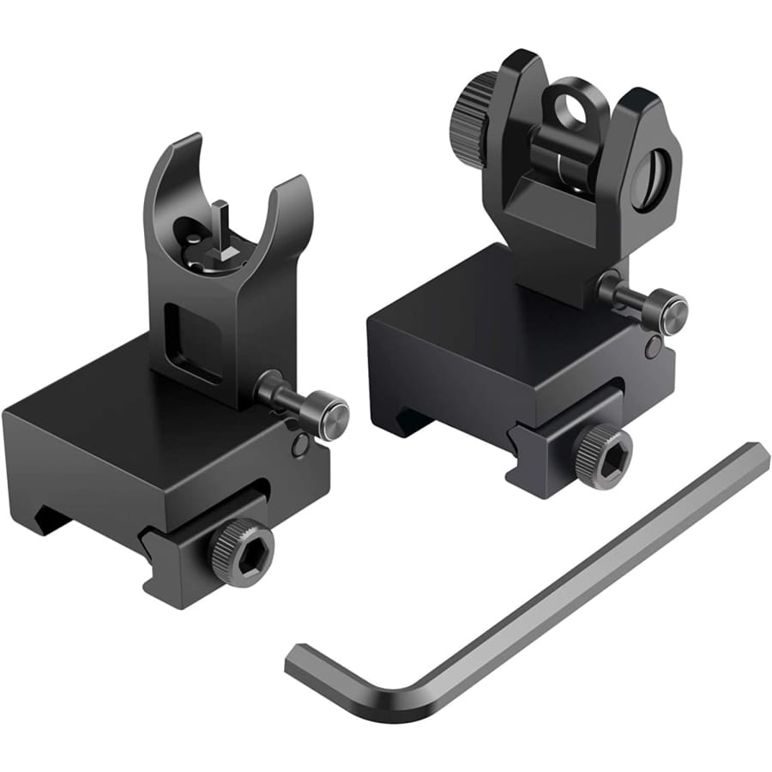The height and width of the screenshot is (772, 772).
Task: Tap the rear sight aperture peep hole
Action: tap(569, 109)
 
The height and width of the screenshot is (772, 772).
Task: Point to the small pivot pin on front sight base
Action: tap(299, 445)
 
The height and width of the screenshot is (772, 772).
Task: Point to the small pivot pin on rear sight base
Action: tap(654, 347)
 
